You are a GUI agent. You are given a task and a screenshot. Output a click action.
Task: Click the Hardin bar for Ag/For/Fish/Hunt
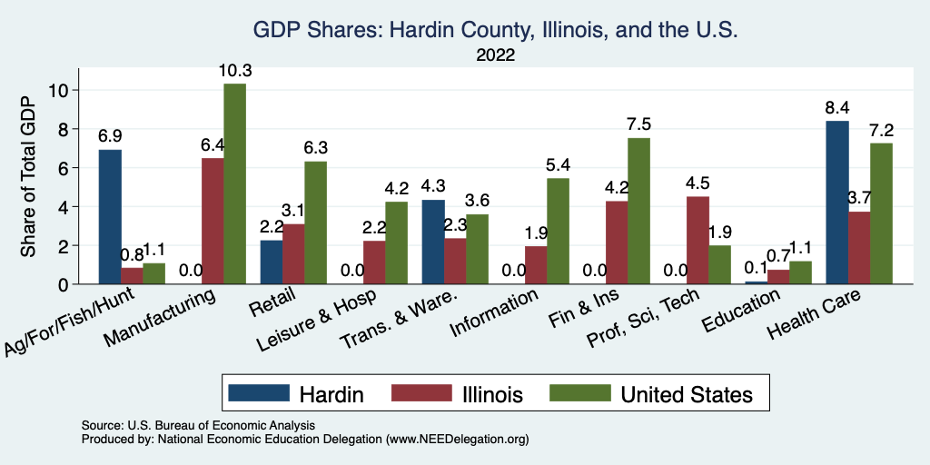coord(110,217)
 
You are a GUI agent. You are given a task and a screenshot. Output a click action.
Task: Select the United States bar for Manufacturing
coord(234,184)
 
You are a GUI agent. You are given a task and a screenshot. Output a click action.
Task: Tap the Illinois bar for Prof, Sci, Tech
coord(697,241)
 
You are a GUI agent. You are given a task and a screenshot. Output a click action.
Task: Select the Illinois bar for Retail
coord(293,254)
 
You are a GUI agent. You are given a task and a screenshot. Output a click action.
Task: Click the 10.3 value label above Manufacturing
coord(234,70)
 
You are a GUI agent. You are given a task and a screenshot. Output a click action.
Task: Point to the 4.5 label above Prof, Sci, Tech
coord(697,183)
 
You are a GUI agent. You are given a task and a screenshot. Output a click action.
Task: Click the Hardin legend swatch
coord(258,393)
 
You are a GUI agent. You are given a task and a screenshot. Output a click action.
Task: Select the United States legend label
coord(687,394)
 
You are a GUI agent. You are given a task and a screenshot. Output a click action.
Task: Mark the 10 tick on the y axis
coord(60,90)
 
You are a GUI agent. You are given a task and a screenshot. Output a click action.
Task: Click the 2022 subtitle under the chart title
coord(495,55)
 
